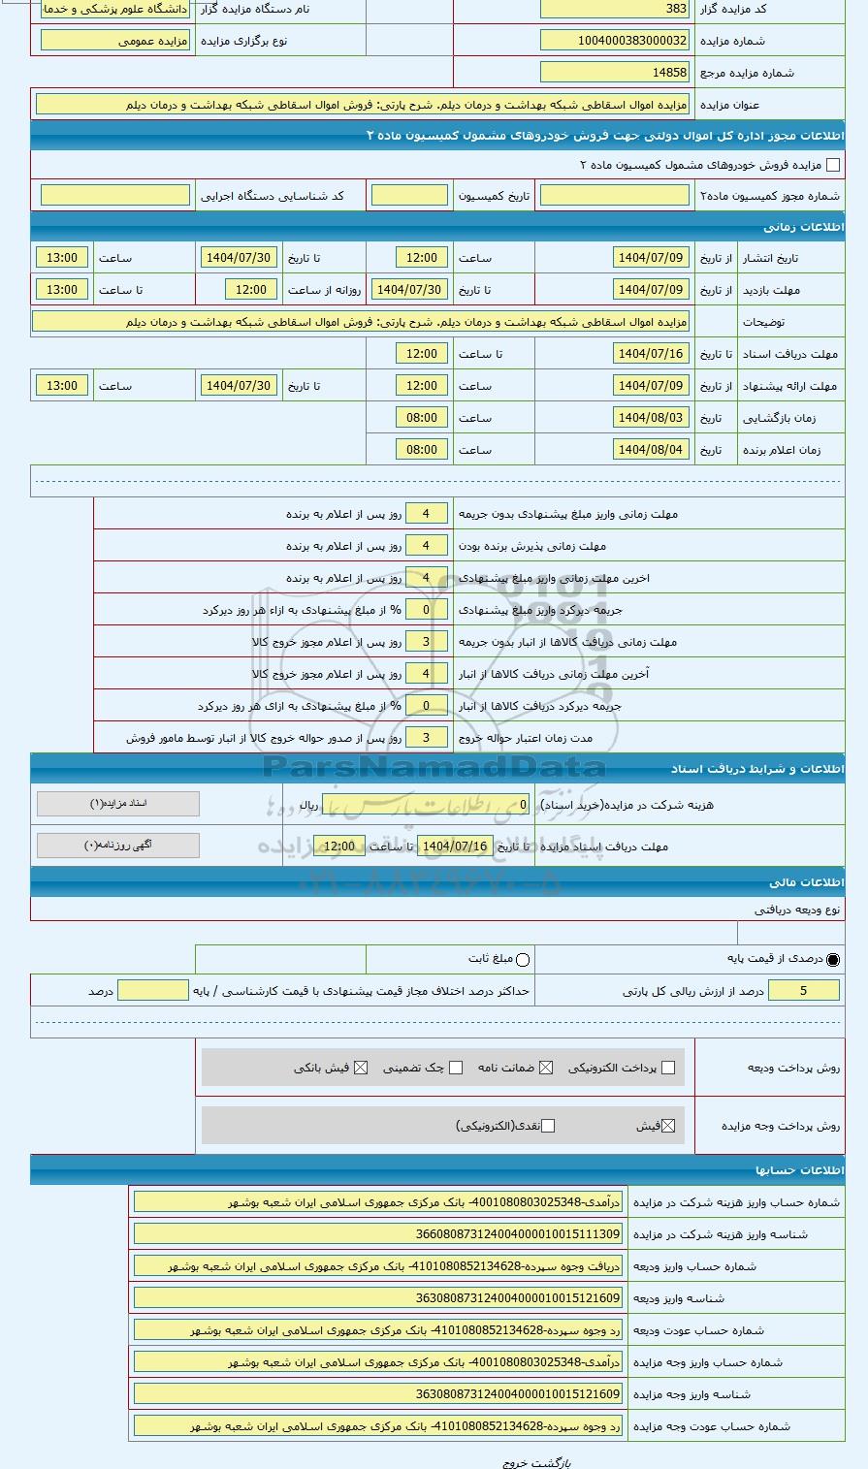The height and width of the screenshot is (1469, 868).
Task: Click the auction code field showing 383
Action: point(615,9)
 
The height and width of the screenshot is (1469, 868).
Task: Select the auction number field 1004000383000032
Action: point(615,41)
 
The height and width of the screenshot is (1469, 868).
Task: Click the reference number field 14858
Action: point(615,73)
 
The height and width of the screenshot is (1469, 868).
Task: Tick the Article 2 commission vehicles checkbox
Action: point(832,165)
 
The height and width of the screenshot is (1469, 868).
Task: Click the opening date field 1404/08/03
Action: point(651,418)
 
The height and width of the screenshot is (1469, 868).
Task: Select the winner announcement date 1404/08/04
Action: point(651,450)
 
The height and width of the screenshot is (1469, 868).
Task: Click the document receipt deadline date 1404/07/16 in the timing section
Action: point(651,354)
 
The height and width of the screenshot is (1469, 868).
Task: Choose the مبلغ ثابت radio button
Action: point(523,960)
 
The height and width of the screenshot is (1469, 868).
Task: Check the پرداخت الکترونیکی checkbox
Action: point(666,1069)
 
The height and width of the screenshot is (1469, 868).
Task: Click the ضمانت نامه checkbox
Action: point(546,1069)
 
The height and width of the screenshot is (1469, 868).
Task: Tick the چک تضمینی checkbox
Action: point(456,1069)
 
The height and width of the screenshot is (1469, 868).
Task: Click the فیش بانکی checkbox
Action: point(361,1069)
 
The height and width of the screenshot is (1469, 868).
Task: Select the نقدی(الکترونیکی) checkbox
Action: point(548,1126)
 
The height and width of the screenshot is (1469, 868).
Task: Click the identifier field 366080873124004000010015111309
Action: point(378,1234)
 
